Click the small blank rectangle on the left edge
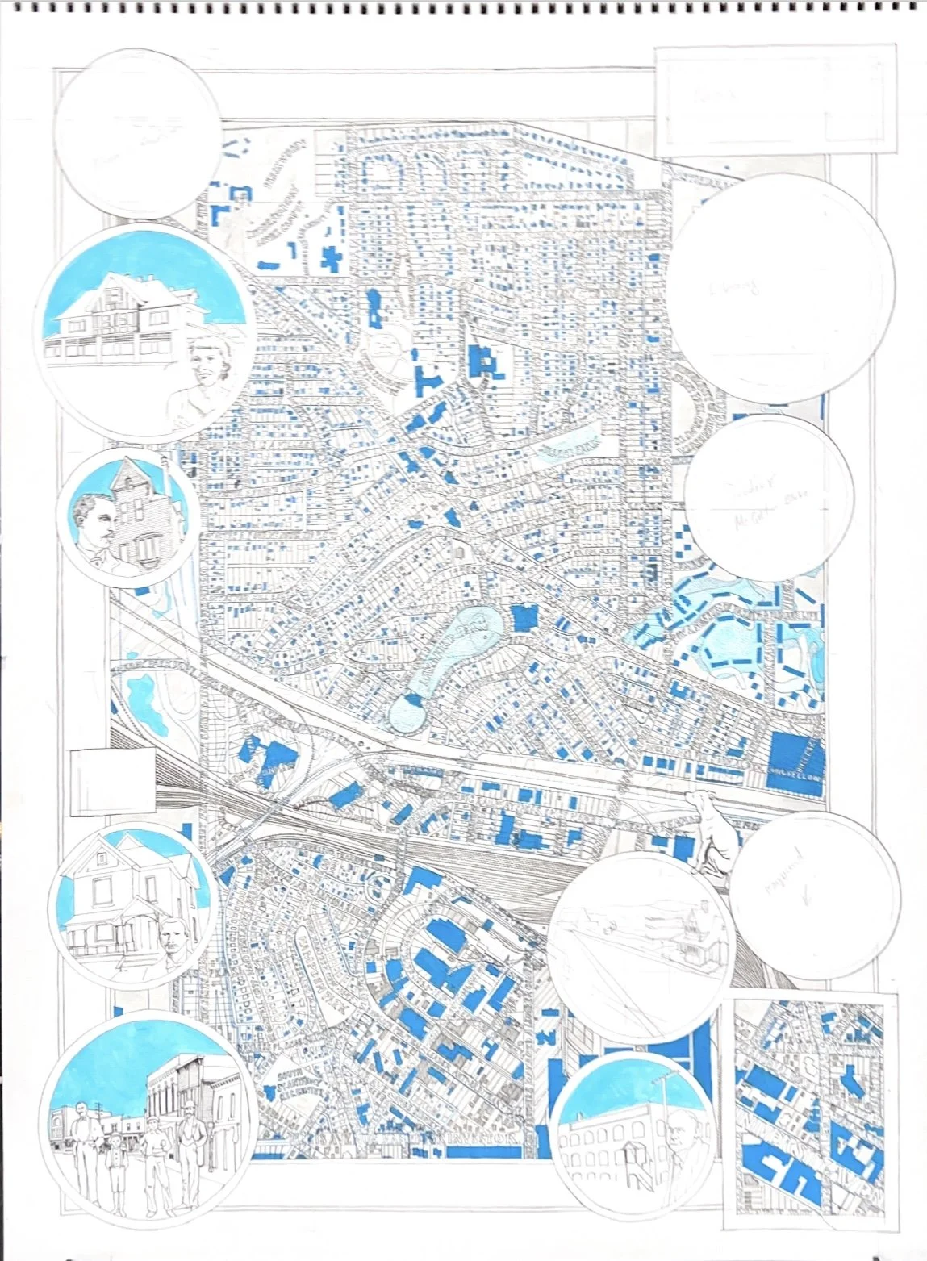pos(113,781)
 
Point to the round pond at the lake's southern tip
pos(407,713)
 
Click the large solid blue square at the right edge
pos(796,765)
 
